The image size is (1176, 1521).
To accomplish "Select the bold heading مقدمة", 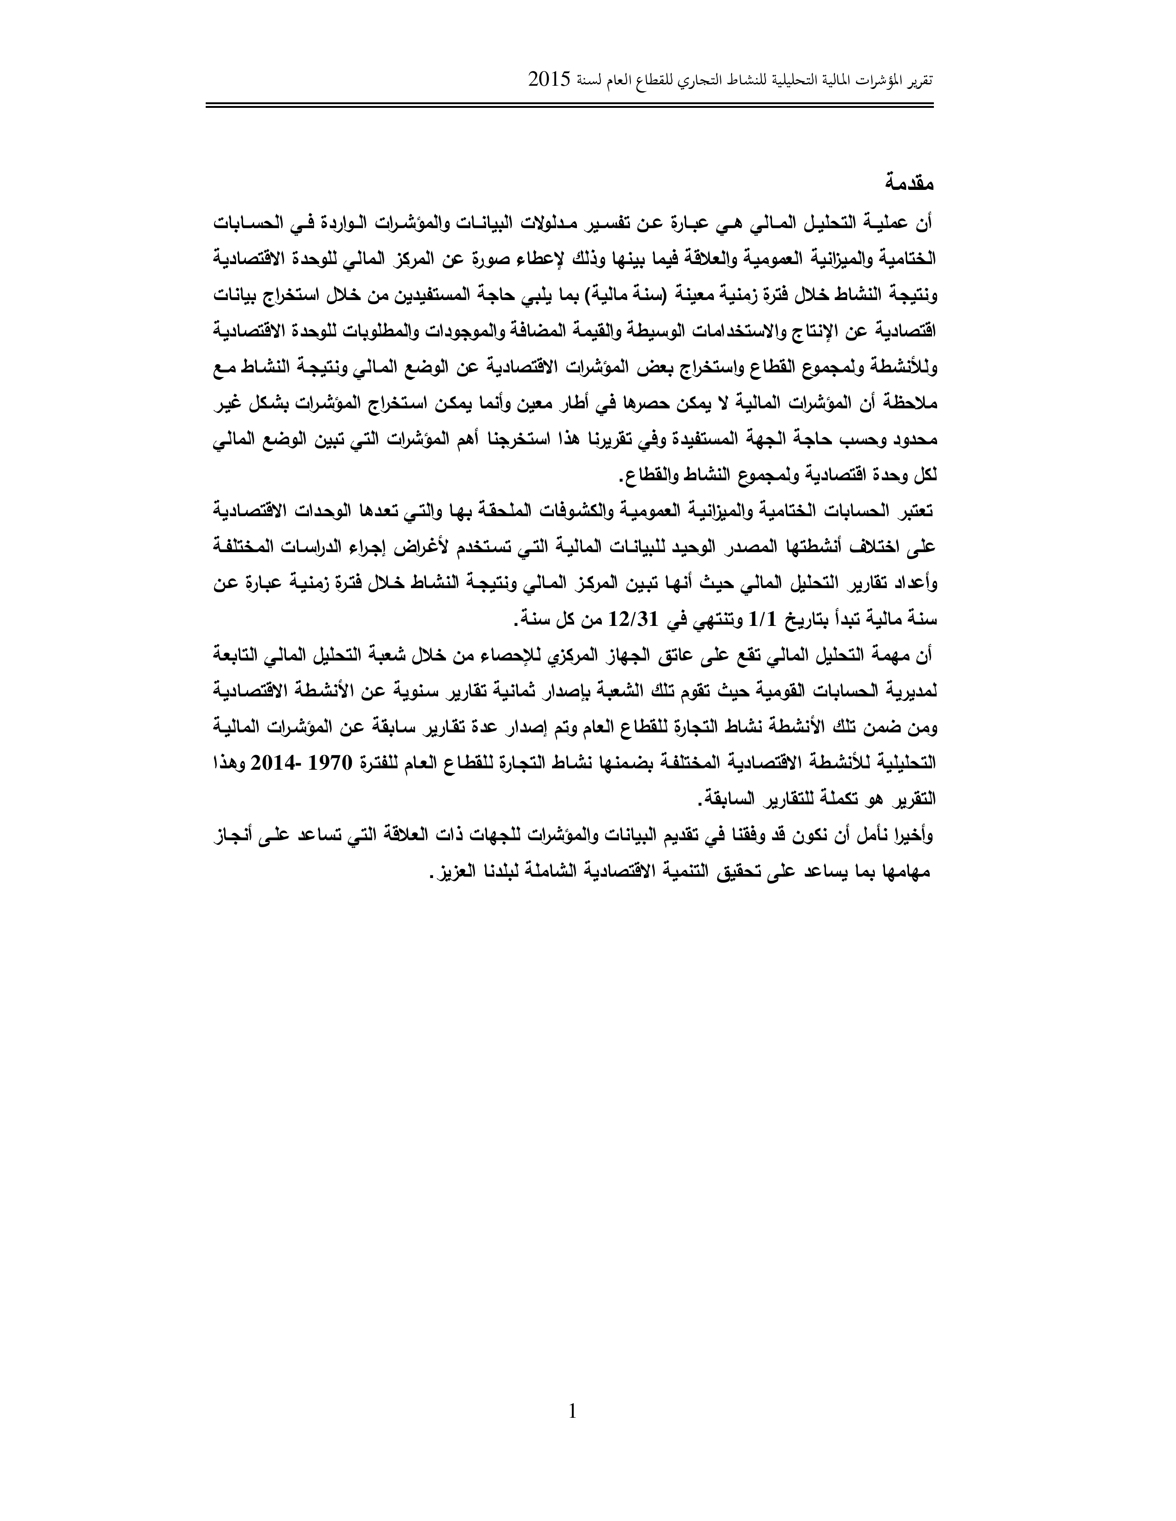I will pos(909,184).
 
